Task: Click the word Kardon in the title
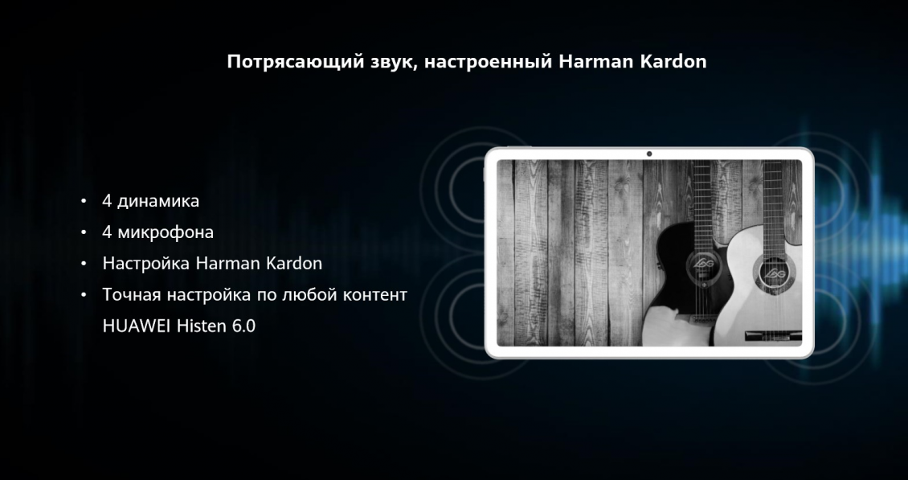click(673, 62)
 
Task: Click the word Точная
click(131, 295)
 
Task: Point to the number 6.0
click(243, 326)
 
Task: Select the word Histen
click(201, 326)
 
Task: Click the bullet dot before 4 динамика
click(84, 201)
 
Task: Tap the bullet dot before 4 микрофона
click(84, 232)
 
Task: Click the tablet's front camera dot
click(648, 154)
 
